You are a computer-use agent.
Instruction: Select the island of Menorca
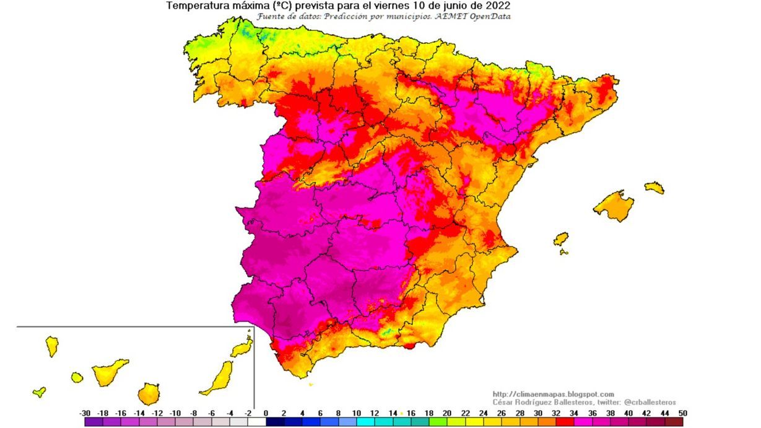(x=654, y=187)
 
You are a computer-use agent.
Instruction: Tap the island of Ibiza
(x=561, y=238)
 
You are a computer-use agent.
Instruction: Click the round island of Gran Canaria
(x=149, y=393)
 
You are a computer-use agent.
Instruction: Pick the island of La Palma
(x=52, y=346)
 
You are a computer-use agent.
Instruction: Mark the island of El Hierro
(x=39, y=391)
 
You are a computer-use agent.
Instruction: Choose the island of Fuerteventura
(x=217, y=378)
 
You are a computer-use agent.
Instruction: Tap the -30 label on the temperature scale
(x=85, y=413)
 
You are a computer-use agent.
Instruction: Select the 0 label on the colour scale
(x=266, y=413)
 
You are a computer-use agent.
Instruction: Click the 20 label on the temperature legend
(x=447, y=413)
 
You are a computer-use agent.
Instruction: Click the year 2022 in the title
(x=498, y=6)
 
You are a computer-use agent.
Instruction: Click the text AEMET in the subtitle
(x=454, y=16)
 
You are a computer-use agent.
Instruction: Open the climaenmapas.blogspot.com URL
(x=553, y=394)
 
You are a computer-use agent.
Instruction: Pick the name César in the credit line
(x=503, y=402)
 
